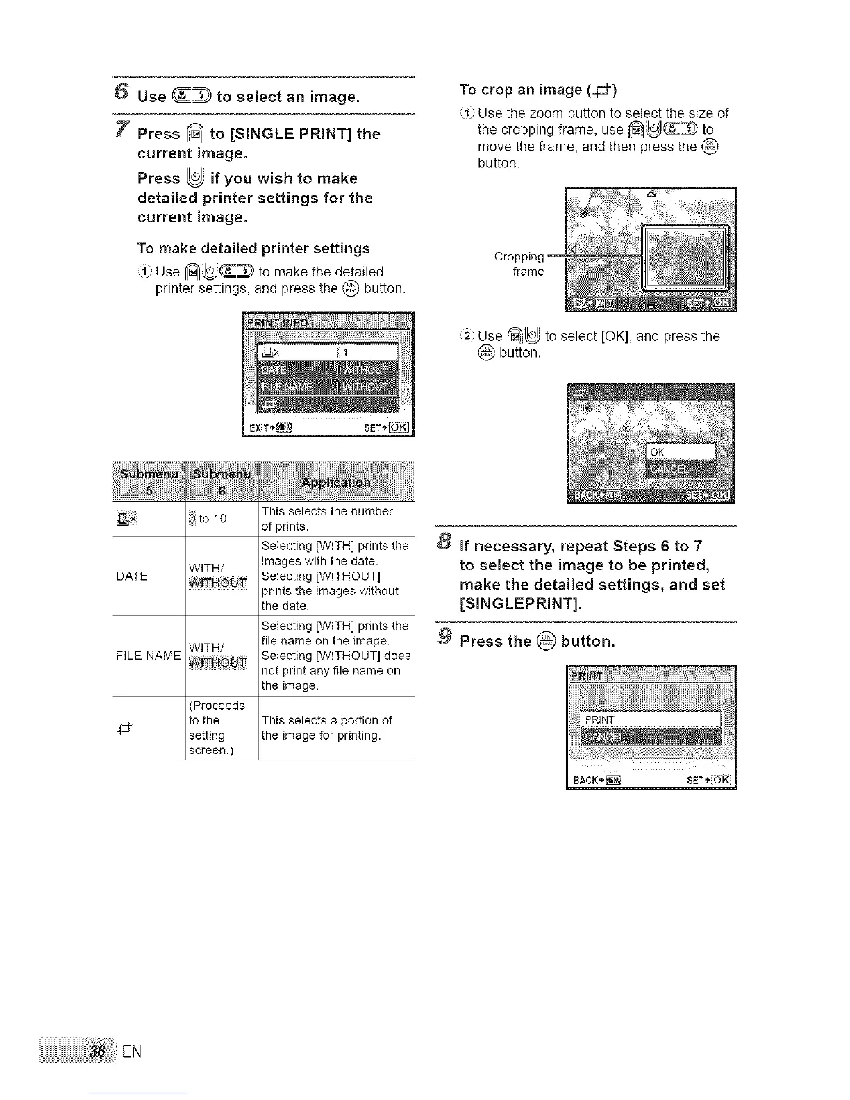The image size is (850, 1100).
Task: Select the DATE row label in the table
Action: point(132,576)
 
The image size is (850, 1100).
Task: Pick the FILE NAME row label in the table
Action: point(148,655)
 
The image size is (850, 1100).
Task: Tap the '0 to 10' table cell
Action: point(208,518)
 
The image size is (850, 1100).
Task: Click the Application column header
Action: point(336,482)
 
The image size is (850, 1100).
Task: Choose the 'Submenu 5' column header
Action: point(148,481)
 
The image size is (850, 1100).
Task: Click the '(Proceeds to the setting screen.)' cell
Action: point(217,728)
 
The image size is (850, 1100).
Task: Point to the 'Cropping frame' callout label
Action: point(519,264)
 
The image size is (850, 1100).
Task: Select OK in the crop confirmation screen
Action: point(680,452)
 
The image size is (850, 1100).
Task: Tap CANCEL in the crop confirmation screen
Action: point(680,469)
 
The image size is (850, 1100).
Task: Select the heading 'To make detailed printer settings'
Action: point(253,248)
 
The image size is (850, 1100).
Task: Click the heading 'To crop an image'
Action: point(538,90)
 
